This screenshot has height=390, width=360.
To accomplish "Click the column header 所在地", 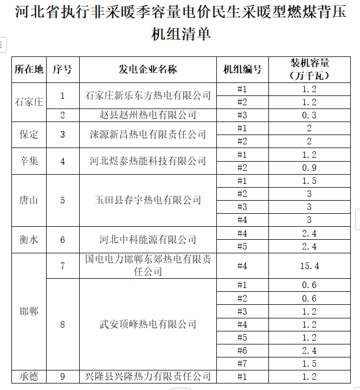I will tap(29, 69).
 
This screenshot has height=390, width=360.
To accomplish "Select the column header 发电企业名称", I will tap(147, 69).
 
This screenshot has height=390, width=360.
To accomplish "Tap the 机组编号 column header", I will tap(242, 69).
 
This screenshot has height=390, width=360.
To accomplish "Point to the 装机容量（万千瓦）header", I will tap(310, 69).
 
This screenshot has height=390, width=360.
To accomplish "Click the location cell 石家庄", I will tap(29, 101).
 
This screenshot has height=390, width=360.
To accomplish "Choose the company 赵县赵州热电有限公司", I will tap(147, 115).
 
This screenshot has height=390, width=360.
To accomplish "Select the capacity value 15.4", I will tap(310, 266).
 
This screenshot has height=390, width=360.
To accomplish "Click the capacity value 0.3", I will tap(310, 115).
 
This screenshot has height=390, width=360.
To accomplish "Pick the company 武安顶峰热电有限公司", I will tap(147, 324).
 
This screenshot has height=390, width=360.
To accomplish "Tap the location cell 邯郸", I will tap(29, 311).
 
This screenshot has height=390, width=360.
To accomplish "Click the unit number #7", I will tap(242, 363).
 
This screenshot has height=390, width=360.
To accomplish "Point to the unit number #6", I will tap(242, 350).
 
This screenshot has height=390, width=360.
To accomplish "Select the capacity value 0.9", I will tap(310, 168).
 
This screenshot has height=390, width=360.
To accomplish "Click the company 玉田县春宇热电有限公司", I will tap(147, 200).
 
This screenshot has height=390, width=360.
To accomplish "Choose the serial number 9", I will tap(63, 376).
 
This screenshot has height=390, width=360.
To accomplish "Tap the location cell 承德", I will tap(29, 376).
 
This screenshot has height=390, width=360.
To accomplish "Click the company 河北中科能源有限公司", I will tap(147, 240).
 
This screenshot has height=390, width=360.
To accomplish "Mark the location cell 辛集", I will tap(29, 161).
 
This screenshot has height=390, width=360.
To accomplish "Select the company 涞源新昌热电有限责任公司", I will tap(147, 135).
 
